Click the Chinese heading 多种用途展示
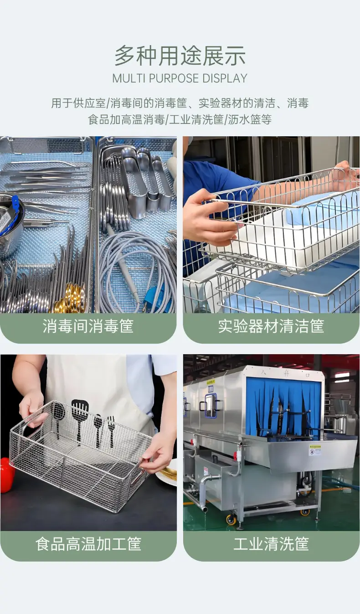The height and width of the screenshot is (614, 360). point(180,56)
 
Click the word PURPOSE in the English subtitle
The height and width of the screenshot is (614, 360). point(174,78)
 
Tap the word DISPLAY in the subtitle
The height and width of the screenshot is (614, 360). point(225,78)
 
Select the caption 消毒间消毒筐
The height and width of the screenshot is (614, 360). point(88,326)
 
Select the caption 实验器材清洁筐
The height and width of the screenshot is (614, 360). point(271,326)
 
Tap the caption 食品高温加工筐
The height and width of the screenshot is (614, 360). point(88,544)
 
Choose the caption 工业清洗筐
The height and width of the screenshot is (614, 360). point(271,544)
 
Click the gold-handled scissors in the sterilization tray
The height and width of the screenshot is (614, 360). point(70,299)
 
